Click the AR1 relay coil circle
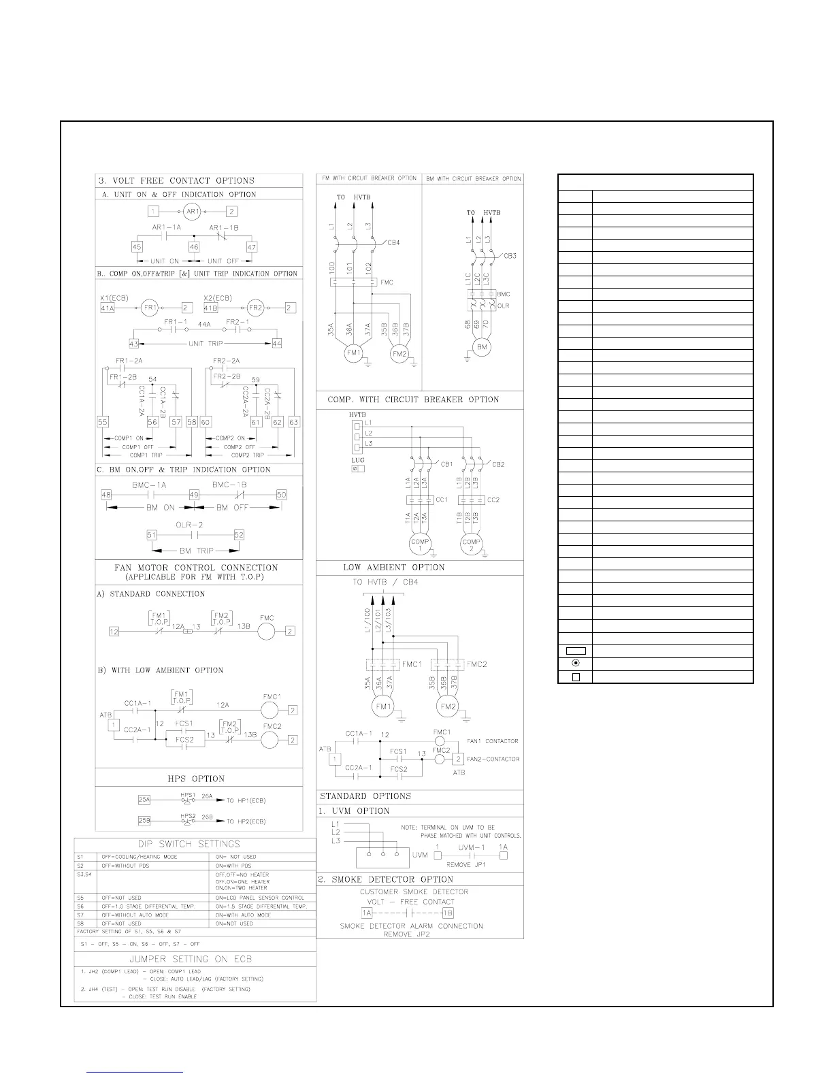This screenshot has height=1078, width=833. pyautogui.click(x=193, y=212)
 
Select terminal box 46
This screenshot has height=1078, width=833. pyautogui.click(x=194, y=247)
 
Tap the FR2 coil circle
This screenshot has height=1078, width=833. pyautogui.click(x=254, y=308)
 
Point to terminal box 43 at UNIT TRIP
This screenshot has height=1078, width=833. pyautogui.click(x=134, y=344)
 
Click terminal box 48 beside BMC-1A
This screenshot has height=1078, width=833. pyautogui.click(x=106, y=495)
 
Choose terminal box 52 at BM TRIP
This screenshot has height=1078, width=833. pyautogui.click(x=239, y=535)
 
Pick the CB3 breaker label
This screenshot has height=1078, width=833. pyautogui.click(x=510, y=256)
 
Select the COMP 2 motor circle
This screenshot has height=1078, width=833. pyautogui.click(x=471, y=544)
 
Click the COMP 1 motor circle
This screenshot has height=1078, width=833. pyautogui.click(x=420, y=544)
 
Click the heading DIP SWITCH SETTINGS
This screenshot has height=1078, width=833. pyautogui.click(x=195, y=844)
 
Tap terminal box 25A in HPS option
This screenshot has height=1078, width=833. pyautogui.click(x=144, y=800)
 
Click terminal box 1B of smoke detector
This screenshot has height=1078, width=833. pyautogui.click(x=448, y=913)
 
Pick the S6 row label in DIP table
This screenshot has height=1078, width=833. pyautogui.click(x=80, y=906)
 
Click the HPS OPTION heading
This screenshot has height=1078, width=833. pyautogui.click(x=196, y=779)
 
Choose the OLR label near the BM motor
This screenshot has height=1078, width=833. pyautogui.click(x=503, y=306)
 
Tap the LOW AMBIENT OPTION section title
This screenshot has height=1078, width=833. pyautogui.click(x=394, y=567)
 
